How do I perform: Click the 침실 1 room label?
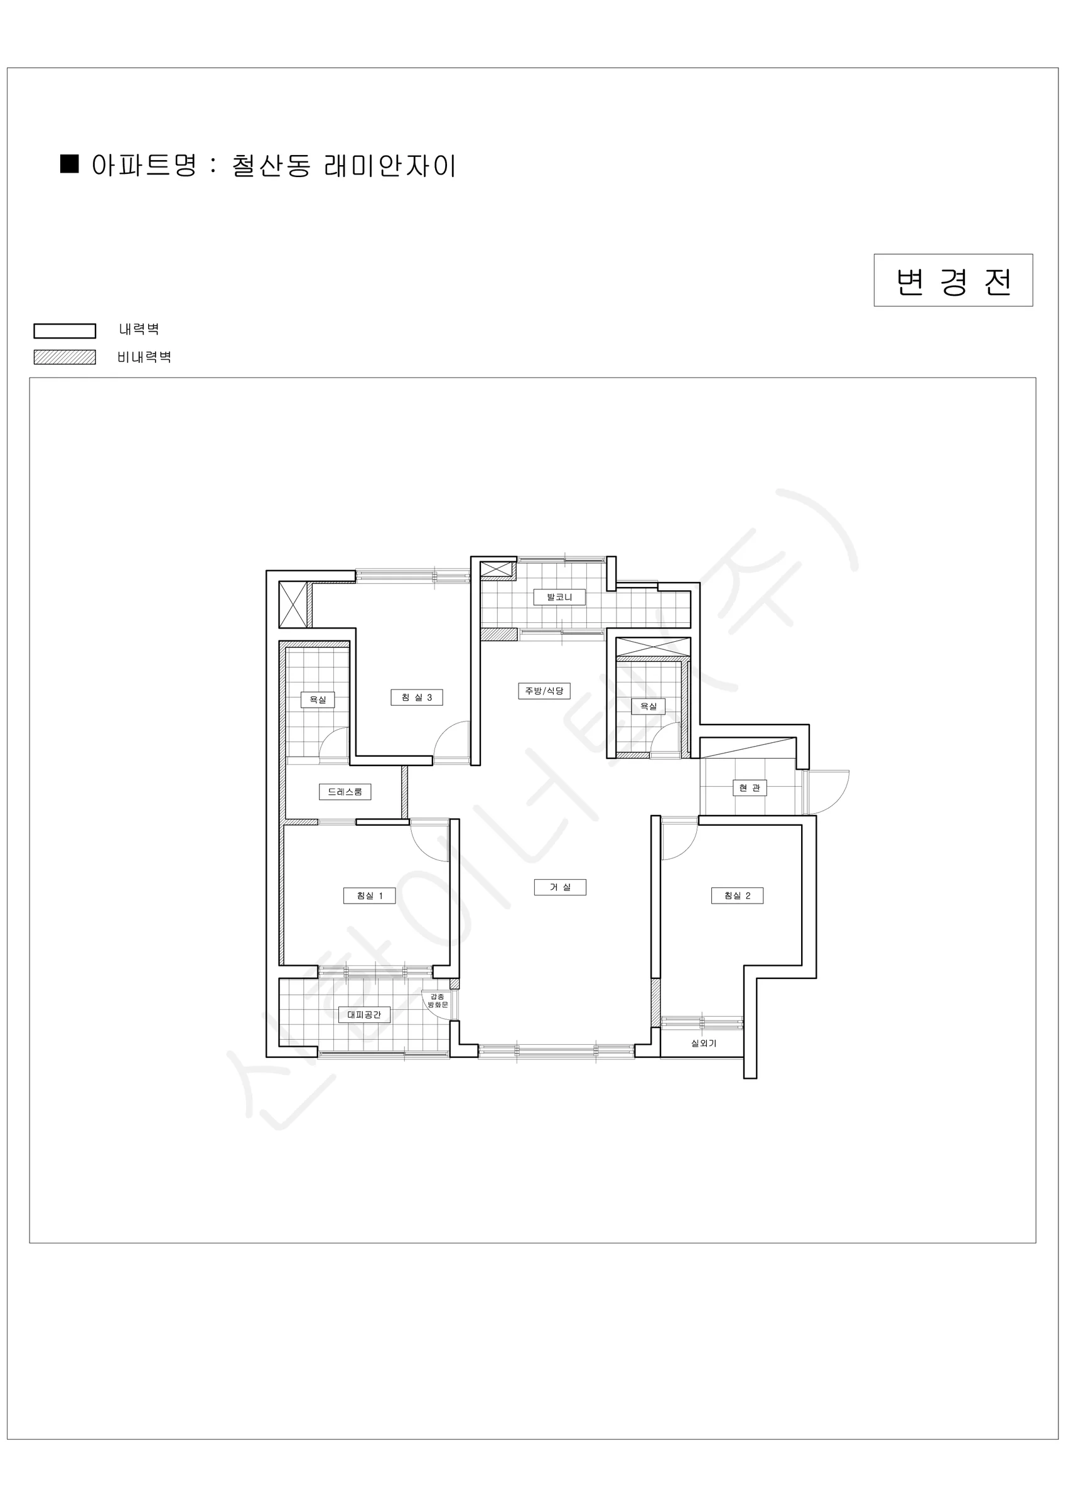[x=370, y=896]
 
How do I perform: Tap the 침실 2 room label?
[x=737, y=896]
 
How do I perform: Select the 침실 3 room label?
[x=417, y=697]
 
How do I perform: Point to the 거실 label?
[x=560, y=887]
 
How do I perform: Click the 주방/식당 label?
[x=544, y=691]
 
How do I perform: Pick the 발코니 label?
[x=559, y=597]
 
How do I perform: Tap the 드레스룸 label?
[x=345, y=792]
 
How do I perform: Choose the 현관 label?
[x=750, y=787]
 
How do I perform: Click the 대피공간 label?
[x=364, y=1015]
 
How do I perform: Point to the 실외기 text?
[x=704, y=1043]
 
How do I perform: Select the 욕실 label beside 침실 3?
[x=318, y=699]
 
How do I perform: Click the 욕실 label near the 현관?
[x=649, y=706]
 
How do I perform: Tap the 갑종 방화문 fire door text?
[x=438, y=1001]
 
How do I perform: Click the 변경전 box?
[x=953, y=280]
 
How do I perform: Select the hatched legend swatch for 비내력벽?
[x=65, y=357]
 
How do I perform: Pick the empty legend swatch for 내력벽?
[x=65, y=331]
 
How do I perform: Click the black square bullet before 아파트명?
[x=70, y=164]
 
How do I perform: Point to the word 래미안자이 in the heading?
[x=390, y=166]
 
